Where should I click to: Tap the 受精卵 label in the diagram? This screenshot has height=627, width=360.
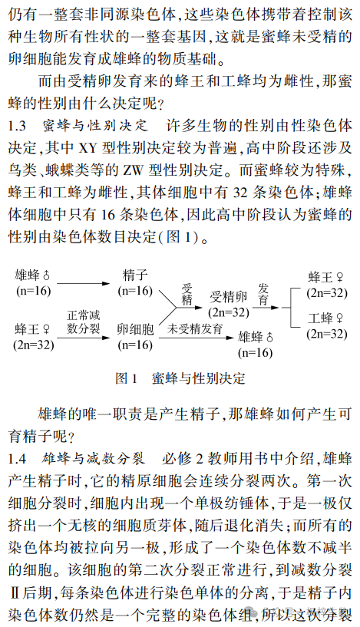click(x=227, y=295)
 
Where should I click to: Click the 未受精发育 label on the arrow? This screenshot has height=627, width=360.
click(x=196, y=328)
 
